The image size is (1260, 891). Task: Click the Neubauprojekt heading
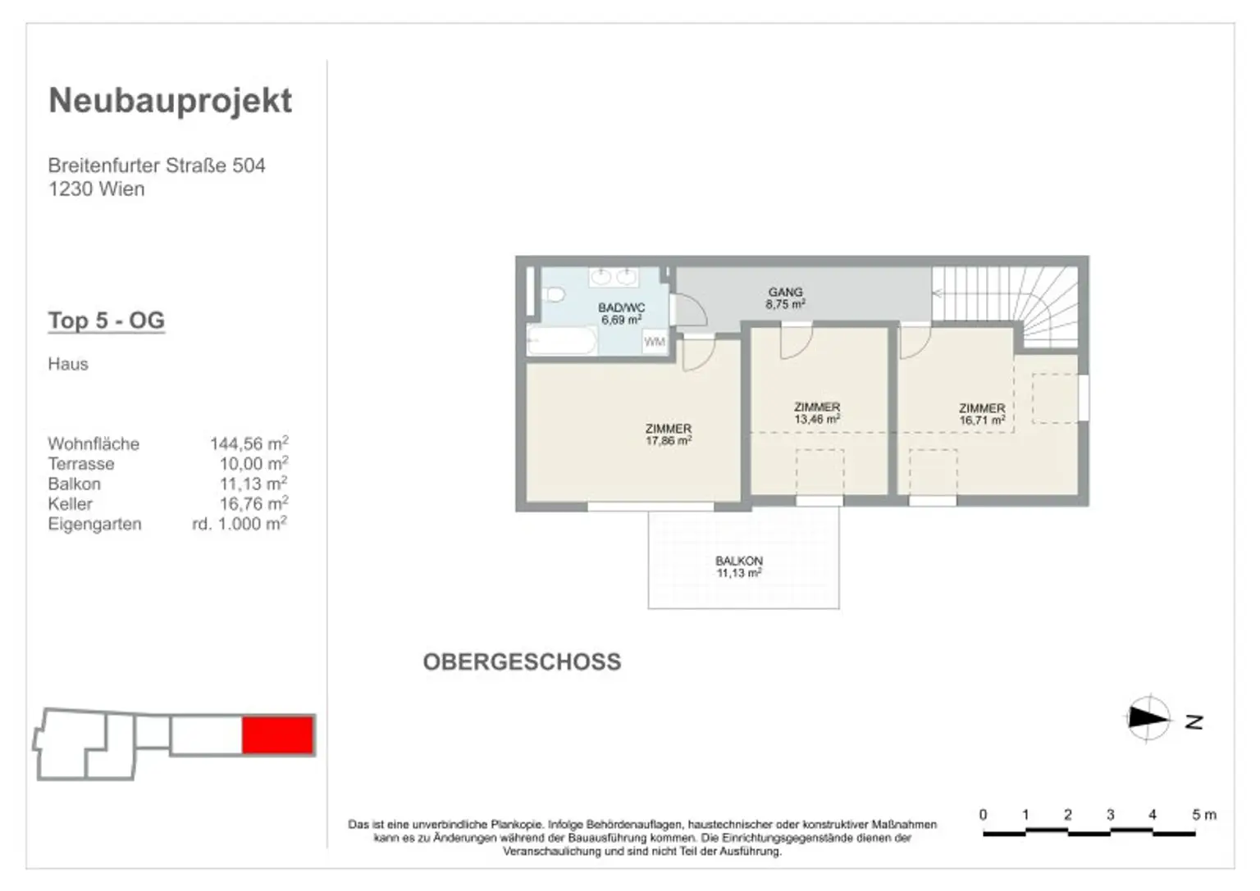click(171, 102)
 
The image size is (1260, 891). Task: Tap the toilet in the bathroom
click(555, 294)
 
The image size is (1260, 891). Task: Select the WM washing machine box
click(654, 341)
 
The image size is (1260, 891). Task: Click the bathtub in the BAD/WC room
click(562, 341)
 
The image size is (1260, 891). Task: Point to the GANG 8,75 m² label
click(785, 298)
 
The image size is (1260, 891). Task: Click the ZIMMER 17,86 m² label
click(669, 434)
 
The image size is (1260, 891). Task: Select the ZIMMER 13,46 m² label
click(817, 412)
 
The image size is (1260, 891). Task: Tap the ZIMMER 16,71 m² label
click(982, 414)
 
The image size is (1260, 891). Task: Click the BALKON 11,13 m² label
click(738, 566)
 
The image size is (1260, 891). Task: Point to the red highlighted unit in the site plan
click(278, 734)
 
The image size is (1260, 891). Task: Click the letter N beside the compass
click(1194, 722)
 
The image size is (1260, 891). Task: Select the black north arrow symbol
click(1148, 718)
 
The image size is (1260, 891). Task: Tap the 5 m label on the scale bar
click(1203, 815)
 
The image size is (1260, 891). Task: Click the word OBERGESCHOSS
click(522, 662)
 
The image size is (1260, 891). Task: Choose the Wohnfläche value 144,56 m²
click(249, 443)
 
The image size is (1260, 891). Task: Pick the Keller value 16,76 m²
click(253, 503)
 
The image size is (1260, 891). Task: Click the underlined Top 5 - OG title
click(107, 320)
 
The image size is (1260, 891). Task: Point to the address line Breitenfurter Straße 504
click(157, 166)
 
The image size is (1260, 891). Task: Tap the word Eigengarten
click(94, 524)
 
